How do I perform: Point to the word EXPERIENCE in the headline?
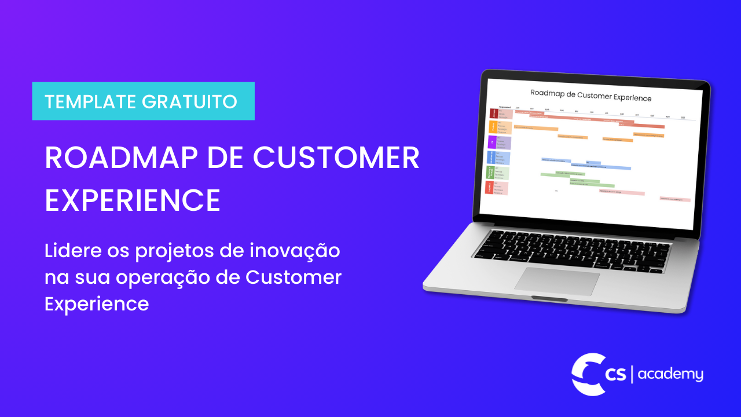pyautogui.click(x=133, y=200)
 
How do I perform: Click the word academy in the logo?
pyautogui.click(x=670, y=375)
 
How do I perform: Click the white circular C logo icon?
pyautogui.click(x=586, y=374)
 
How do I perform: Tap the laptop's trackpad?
pyautogui.click(x=557, y=280)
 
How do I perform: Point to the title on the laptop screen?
pyautogui.click(x=590, y=98)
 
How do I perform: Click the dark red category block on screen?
pyautogui.click(x=494, y=114)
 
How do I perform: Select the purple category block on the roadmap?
pyautogui.click(x=492, y=142)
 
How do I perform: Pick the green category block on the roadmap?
pyautogui.click(x=490, y=172)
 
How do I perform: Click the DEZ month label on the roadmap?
pyautogui.click(x=683, y=118)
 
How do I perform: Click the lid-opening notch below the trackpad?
pyautogui.click(x=549, y=299)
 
